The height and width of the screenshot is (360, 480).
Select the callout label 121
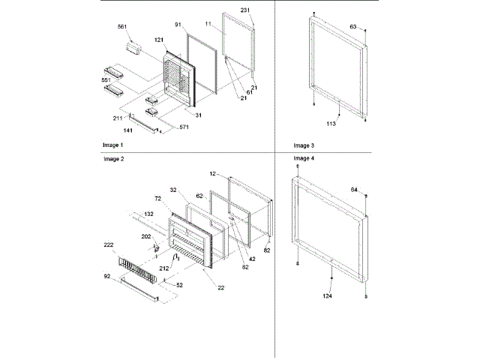(x=160, y=39)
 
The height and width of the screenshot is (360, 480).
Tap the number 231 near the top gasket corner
(x=245, y=10)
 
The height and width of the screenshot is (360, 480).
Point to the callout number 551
(x=107, y=79)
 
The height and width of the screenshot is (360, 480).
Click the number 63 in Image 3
(x=352, y=26)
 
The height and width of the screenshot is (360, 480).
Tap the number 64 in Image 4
(x=355, y=190)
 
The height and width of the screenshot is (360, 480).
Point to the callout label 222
(x=108, y=245)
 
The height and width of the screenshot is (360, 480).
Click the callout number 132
(x=148, y=214)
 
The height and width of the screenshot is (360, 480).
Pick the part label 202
(x=147, y=236)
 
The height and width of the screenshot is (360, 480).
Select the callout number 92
(x=108, y=277)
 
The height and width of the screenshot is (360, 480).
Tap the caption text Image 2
(x=112, y=160)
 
